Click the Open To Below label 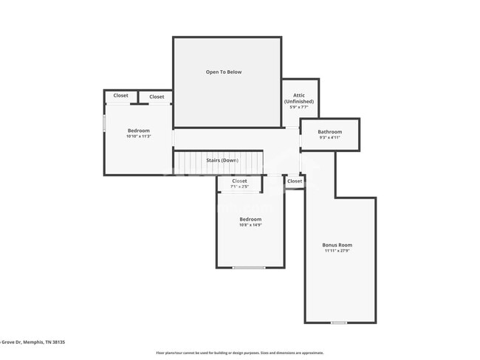[223, 72]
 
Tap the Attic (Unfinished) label [299, 98]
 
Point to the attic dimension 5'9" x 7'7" [299, 108]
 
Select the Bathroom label [330, 131]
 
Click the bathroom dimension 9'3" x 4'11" [330, 137]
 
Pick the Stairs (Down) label [222, 160]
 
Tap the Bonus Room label [337, 245]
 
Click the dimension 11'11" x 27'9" [337, 251]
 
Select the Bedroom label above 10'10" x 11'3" [138, 131]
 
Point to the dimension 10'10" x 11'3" [138, 136]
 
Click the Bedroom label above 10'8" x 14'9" [250, 219]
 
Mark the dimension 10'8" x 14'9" [250, 225]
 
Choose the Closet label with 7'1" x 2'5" [239, 181]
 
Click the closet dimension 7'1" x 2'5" [239, 187]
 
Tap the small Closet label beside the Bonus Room [294, 181]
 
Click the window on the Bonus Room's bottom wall [339, 322]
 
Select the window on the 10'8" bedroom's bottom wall [249, 267]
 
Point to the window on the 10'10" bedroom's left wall [104, 122]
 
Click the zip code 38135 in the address [58, 342]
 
